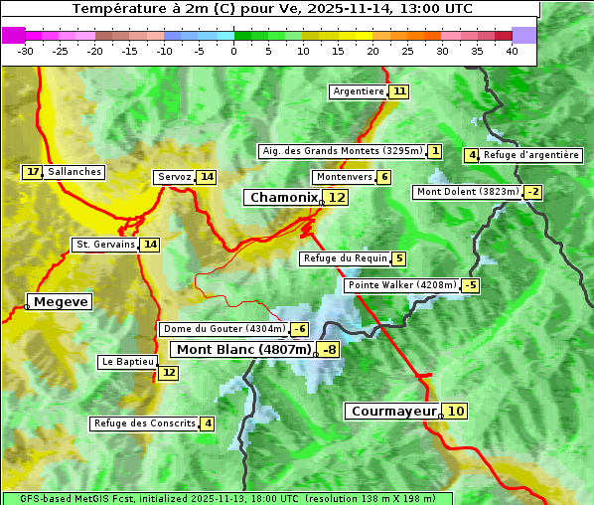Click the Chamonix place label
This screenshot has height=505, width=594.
click(x=283, y=198)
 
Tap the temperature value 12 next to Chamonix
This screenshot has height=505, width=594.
click(x=338, y=198)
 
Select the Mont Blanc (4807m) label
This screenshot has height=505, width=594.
click(x=243, y=349)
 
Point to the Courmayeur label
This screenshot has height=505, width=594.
click(x=393, y=411)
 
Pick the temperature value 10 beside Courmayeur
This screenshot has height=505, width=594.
click(x=455, y=411)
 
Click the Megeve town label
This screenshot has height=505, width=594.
click(x=61, y=301)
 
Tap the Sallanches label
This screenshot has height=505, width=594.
click(x=74, y=172)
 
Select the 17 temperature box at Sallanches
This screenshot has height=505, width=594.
click(x=33, y=172)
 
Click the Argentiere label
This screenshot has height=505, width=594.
click(x=359, y=91)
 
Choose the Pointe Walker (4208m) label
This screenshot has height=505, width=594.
click(x=401, y=285)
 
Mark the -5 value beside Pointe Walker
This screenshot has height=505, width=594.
click(x=471, y=285)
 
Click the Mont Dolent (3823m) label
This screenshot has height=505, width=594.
click(x=467, y=192)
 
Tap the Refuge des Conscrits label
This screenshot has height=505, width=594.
click(x=144, y=423)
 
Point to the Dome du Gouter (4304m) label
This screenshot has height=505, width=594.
click(x=223, y=329)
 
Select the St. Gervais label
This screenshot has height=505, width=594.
click(x=105, y=245)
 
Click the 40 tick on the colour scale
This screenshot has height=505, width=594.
click(x=512, y=51)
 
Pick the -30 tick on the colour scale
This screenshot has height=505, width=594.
click(x=26, y=51)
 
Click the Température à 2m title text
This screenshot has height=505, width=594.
click(x=272, y=9)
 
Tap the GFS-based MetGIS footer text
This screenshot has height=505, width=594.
click(x=226, y=498)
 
